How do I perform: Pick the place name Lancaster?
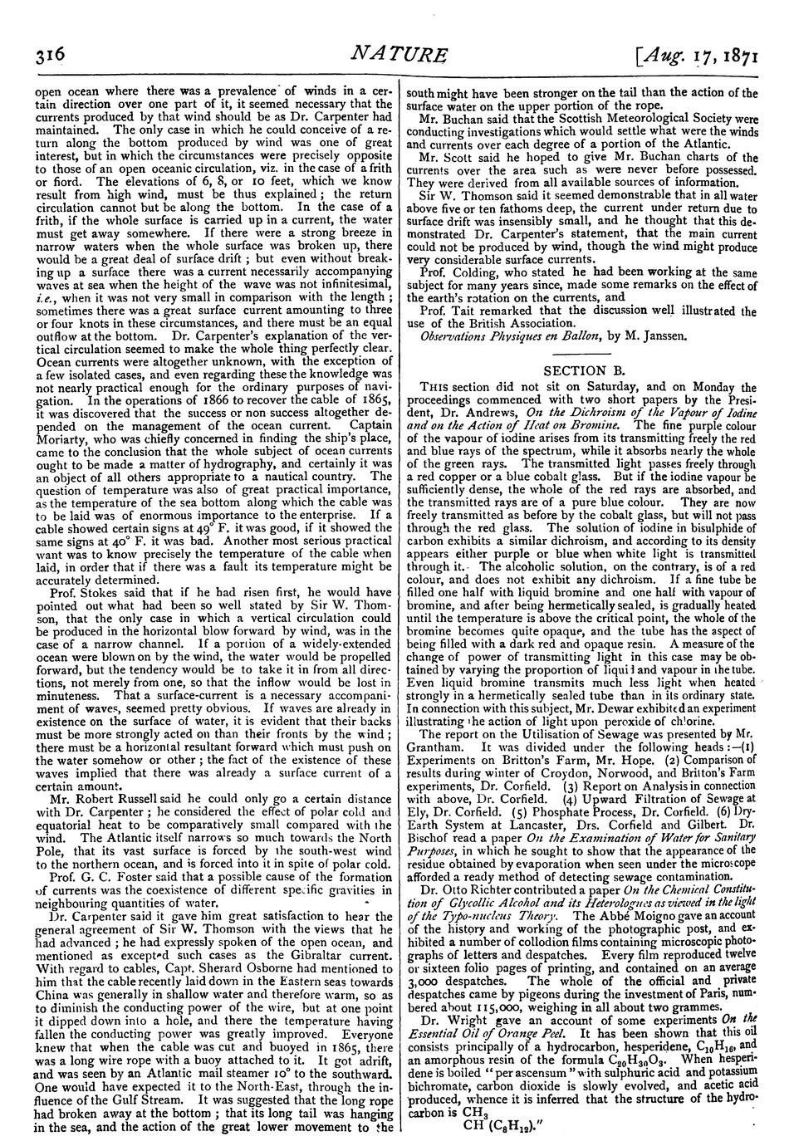coord(543,815)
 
